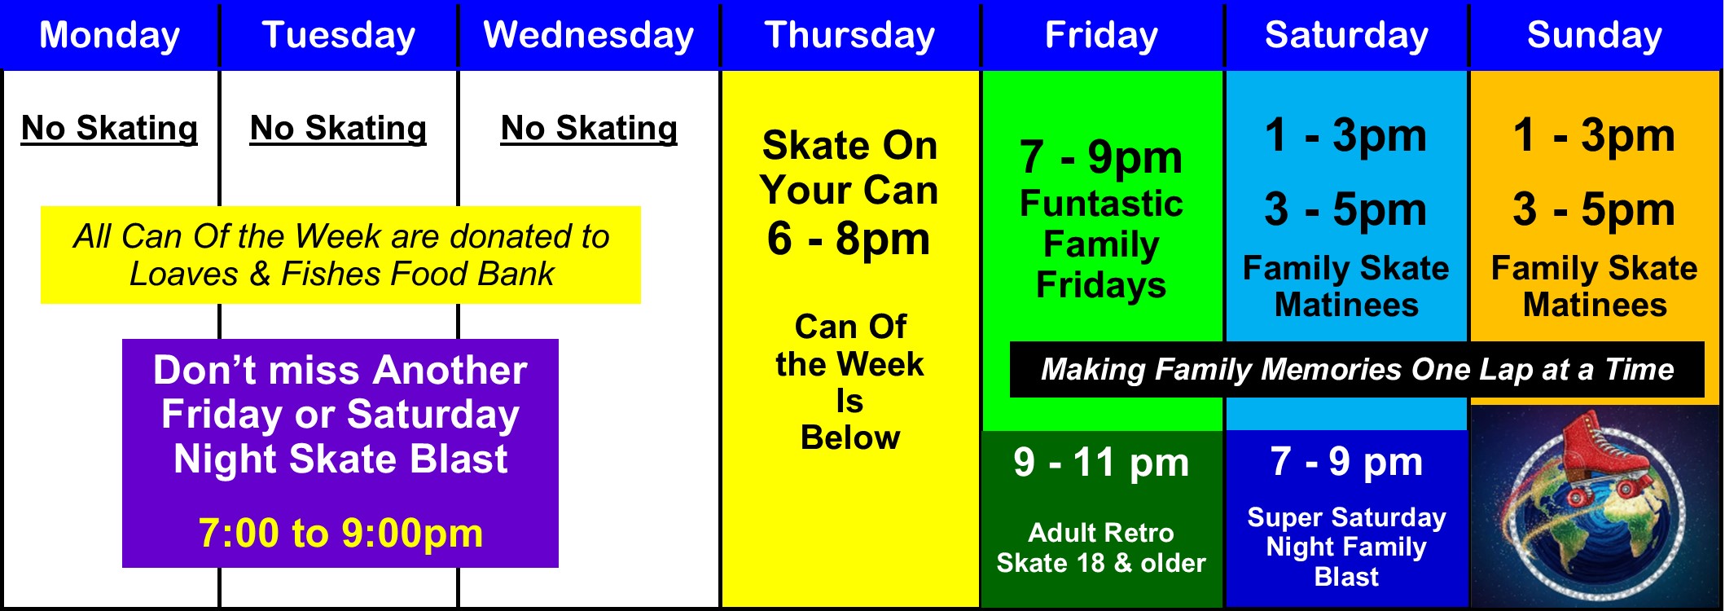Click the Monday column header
coord(110,36)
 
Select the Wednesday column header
coord(588,36)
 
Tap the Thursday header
coord(849,36)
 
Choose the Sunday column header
coord(1594,36)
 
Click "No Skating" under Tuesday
coord(338,129)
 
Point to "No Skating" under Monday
coord(109,129)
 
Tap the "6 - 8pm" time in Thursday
coord(849,239)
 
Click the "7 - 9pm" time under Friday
coord(1101,156)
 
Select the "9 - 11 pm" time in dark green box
coord(1101,463)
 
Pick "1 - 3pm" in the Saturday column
coord(1345,135)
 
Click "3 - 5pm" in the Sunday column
coord(1594,209)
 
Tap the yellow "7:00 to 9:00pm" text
coord(340,533)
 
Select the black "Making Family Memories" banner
coord(1357,370)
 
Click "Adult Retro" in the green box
coord(1101,533)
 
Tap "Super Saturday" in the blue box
coord(1346,517)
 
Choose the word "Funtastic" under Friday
coord(1101,204)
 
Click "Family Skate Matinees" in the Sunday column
coord(1594,286)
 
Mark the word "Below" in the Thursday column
coord(849,437)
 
